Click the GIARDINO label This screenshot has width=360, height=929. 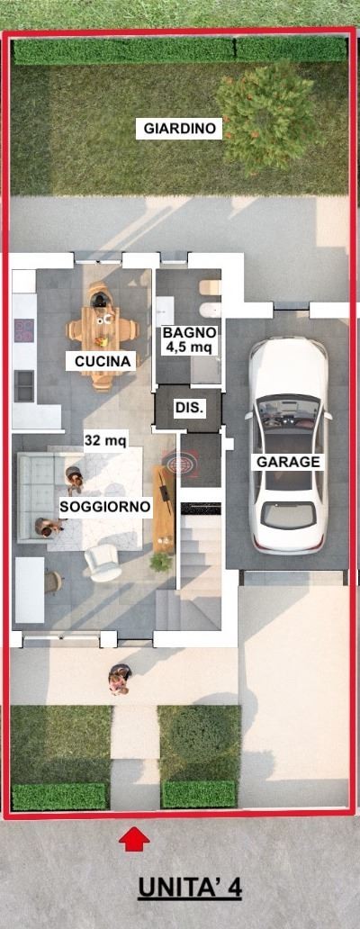(180, 129)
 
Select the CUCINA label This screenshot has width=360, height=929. (103, 361)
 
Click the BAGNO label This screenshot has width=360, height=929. (189, 332)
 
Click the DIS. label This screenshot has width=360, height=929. (189, 408)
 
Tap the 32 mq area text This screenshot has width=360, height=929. (106, 440)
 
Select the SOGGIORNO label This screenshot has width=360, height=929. (104, 507)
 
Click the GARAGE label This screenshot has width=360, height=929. (288, 462)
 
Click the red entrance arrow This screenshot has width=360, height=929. (134, 839)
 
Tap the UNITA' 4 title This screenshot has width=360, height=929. (190, 887)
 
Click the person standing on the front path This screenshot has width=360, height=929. (119, 680)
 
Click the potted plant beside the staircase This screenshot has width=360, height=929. (161, 561)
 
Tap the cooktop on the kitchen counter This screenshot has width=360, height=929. (23, 330)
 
